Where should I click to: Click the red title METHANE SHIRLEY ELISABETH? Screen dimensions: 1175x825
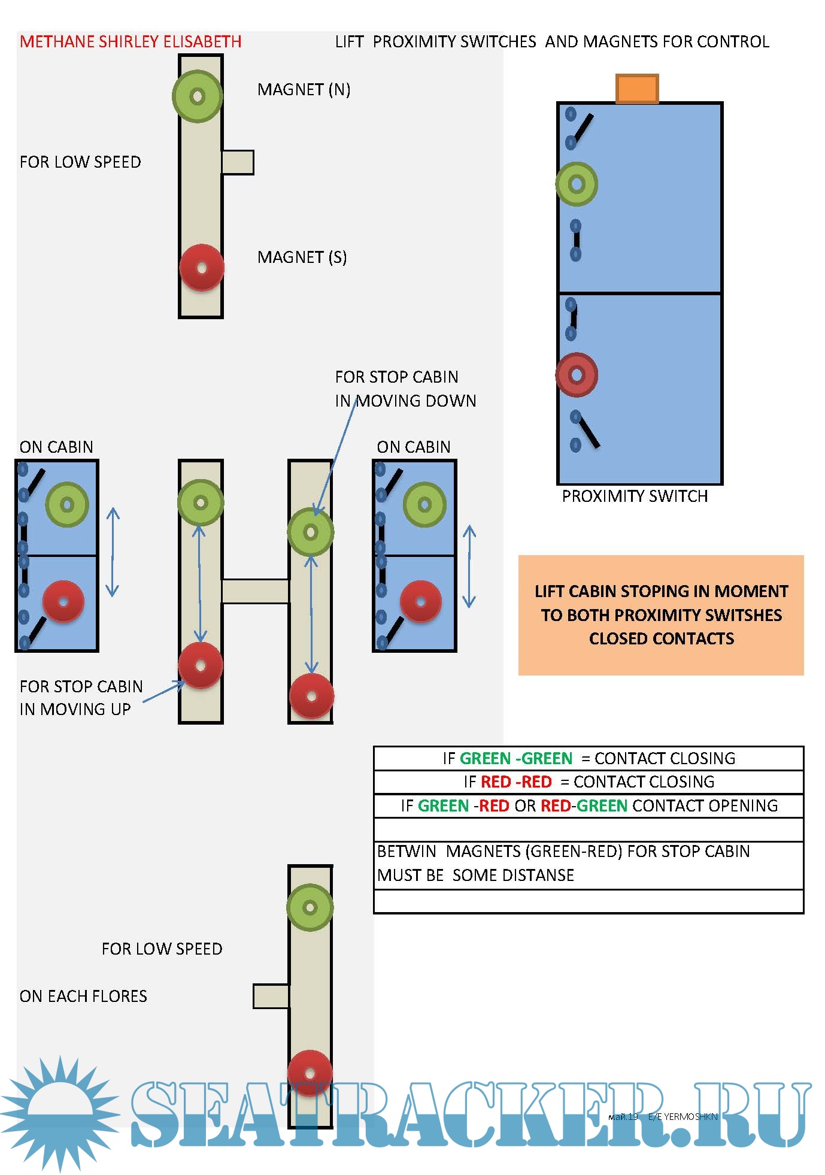point(131,41)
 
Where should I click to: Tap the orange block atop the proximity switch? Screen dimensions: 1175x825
point(637,89)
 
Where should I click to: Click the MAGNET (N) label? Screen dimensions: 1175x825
point(304,89)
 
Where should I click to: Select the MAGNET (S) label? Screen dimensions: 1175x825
point(302,257)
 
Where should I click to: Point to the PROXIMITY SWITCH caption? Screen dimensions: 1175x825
point(635,496)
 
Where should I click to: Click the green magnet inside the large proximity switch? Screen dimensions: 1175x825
point(577,184)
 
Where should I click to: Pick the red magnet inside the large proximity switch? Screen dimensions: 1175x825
point(577,375)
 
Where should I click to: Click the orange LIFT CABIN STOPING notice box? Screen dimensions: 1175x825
point(661,615)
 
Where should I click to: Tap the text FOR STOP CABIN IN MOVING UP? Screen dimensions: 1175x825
point(81,698)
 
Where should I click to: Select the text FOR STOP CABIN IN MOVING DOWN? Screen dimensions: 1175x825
point(405,389)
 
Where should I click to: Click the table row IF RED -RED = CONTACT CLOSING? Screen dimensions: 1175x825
point(589,782)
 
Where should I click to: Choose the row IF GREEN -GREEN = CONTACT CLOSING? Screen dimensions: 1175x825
point(589,758)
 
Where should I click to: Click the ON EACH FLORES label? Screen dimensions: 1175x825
point(83,996)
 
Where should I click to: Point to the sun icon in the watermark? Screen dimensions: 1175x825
point(60,1113)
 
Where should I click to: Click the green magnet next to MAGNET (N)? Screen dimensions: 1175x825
point(198,96)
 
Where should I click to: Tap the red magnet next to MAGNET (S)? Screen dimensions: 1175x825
point(202,268)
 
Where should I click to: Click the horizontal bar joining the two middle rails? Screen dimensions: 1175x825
point(256,591)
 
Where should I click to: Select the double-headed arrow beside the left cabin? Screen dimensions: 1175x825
point(113,552)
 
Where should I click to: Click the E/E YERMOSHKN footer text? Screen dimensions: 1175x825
point(683,1116)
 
